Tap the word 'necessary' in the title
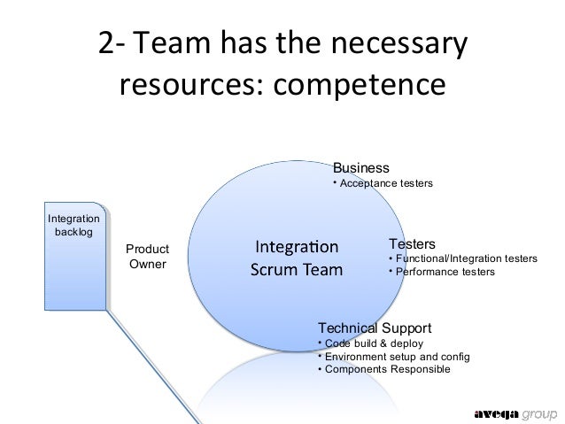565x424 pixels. [x=399, y=43]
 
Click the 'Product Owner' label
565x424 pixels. [x=147, y=257]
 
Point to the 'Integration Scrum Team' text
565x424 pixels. [x=297, y=257]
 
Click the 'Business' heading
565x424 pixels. [x=360, y=167]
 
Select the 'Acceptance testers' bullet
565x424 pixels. [x=386, y=184]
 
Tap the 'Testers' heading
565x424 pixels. [x=412, y=243]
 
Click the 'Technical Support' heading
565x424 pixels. [x=375, y=327]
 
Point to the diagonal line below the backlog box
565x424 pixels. [x=142, y=354]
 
